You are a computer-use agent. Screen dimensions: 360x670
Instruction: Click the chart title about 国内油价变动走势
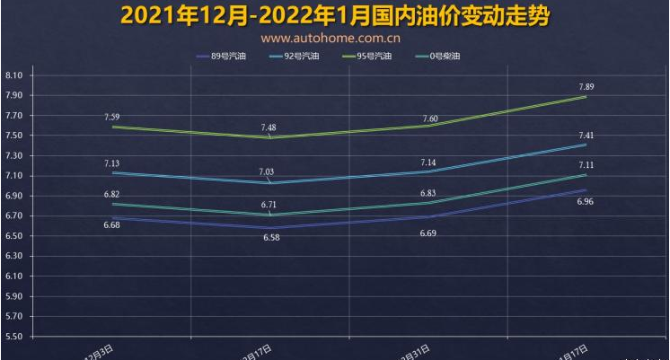coord(334,16)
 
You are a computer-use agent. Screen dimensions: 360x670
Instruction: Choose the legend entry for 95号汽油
coord(367,57)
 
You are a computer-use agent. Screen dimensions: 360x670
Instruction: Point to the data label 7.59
coord(112,118)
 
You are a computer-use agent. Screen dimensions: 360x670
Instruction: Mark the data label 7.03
coord(269,172)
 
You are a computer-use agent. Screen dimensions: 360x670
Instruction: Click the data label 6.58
coord(271,238)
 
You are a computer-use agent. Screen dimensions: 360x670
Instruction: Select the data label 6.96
coord(585,202)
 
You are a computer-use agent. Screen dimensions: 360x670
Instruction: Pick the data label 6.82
coord(112,194)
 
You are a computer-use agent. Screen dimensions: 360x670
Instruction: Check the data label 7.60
coord(430,119)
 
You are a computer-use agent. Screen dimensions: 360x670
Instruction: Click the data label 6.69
coord(429,233)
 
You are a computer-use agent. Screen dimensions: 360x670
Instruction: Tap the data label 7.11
coord(586,165)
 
